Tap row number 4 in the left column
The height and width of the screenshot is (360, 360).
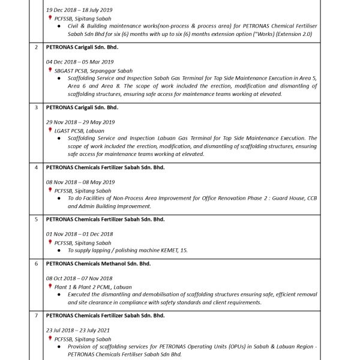[x=37, y=167]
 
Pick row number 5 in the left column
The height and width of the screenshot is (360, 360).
[x=37, y=220]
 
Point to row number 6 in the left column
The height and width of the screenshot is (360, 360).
[x=37, y=263]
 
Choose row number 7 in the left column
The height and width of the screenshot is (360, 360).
[x=37, y=316]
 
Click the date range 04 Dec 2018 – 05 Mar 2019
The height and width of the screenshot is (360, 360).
[x=80, y=62]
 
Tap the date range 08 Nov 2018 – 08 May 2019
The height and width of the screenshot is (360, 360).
[x=80, y=182]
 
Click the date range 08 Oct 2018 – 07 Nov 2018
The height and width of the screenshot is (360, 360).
[x=79, y=278]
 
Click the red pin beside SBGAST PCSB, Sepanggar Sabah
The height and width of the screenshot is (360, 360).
[x=50, y=70]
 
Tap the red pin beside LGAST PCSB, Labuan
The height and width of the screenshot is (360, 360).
[x=50, y=130]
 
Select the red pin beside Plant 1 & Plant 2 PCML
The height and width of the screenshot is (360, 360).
[x=50, y=286]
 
